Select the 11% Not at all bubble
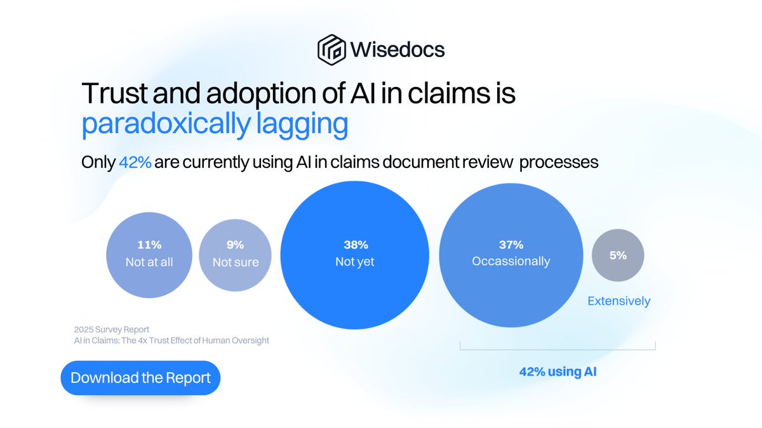tap(149, 254)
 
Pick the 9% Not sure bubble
tap(235, 254)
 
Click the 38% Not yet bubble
tap(355, 253)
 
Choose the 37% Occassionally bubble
tap(511, 253)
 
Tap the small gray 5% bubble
tap(618, 256)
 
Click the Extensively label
tap(618, 301)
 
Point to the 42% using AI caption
tap(558, 372)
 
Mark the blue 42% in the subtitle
tap(135, 162)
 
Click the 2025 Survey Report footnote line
tap(111, 329)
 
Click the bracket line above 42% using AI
tap(558, 348)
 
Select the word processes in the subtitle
tap(559, 162)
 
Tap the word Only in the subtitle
tap(98, 162)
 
